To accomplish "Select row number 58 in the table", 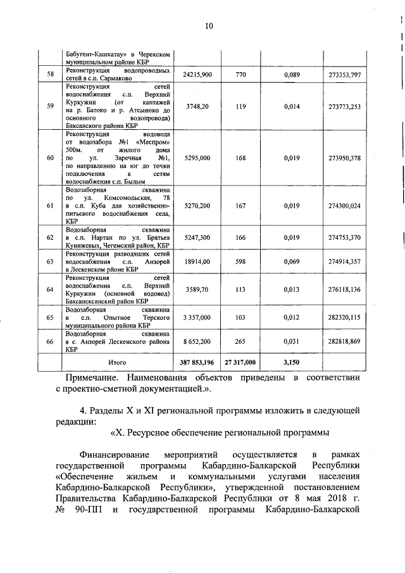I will pos(50,75).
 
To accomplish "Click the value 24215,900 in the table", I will pos(197,75).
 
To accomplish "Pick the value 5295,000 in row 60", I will pos(197,158).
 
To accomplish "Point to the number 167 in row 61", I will pos(240,206).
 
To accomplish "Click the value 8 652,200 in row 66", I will pos(197,341).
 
